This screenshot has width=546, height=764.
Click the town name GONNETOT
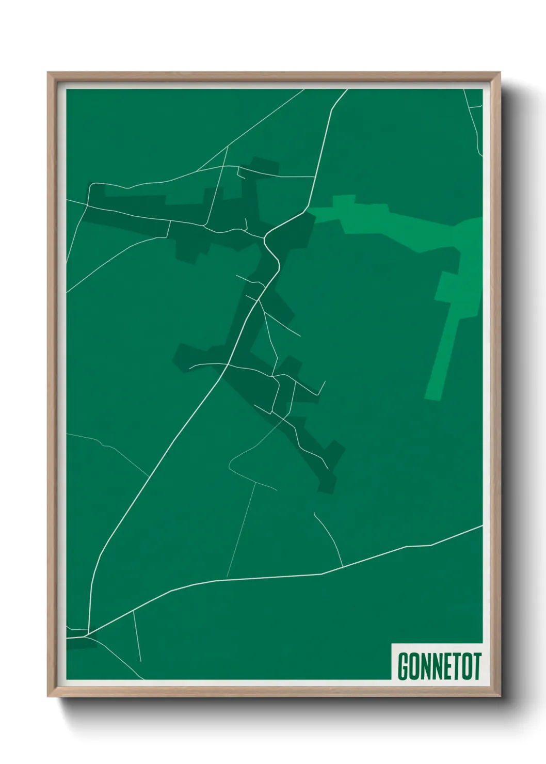pyautogui.click(x=439, y=666)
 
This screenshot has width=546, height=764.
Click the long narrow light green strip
pyautogui.click(x=442, y=356)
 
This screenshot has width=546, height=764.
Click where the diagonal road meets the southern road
pyautogui.click(x=88, y=634)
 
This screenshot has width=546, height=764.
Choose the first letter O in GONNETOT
pyautogui.click(x=415, y=666)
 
